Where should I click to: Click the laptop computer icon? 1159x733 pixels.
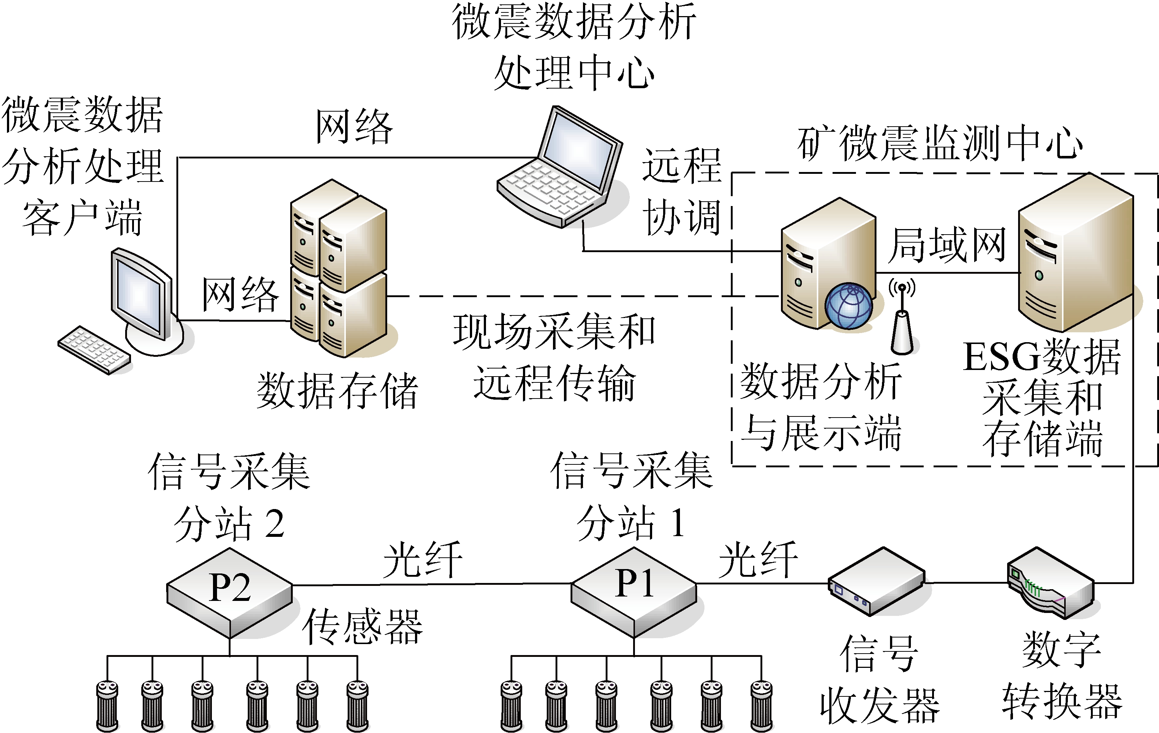tap(561, 168)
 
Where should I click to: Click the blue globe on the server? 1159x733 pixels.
tap(849, 306)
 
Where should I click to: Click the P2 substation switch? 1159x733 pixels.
tap(229, 592)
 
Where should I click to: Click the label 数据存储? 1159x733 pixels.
tap(337, 391)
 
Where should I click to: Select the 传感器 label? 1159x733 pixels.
tap(362, 626)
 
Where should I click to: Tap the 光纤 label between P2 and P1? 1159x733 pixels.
tap(423, 560)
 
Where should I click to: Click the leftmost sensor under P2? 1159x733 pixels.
tap(107, 706)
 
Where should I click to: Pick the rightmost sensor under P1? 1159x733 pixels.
tap(762, 706)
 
